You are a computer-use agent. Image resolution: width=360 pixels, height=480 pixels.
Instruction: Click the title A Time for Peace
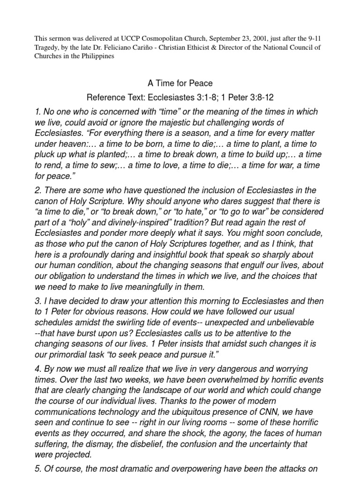pos(180,83)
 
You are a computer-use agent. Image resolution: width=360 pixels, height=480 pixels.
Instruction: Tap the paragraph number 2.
pos(37,190)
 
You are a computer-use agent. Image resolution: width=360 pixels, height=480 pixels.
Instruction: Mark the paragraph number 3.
pos(37,300)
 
